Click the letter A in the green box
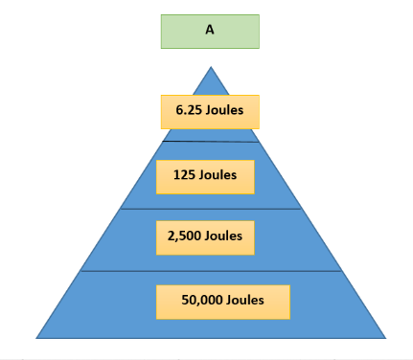(x=210, y=30)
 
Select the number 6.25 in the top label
(x=189, y=110)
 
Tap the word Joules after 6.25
(x=224, y=110)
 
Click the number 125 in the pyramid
(x=184, y=175)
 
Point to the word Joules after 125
(x=218, y=175)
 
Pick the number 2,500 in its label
(x=184, y=236)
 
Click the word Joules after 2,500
(x=223, y=236)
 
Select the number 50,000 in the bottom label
(x=201, y=300)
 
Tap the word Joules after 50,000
(x=245, y=300)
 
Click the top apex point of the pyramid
(x=211, y=67)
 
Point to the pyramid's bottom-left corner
(x=36, y=338)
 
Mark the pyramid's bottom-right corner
(x=385, y=338)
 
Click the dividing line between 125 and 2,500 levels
(x=211, y=209)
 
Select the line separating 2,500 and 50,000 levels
(x=211, y=271)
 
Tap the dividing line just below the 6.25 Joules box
(x=211, y=142)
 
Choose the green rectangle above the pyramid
(x=210, y=32)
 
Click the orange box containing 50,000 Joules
(x=223, y=302)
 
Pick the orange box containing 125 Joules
(x=205, y=177)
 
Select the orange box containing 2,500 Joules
(x=205, y=237)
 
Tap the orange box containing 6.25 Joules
(x=210, y=112)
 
